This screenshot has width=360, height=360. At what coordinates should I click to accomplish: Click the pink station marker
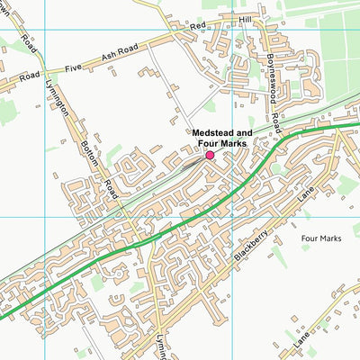210,155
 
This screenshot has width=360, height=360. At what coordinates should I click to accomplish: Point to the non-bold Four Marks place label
321,239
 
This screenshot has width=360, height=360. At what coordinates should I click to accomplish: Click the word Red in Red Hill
197,29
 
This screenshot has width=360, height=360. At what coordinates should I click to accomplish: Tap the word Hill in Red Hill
244,18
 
